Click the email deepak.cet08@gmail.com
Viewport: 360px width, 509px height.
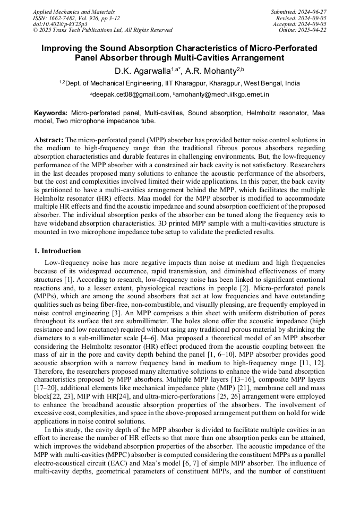(131, 94)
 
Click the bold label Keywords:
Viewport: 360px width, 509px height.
(50, 113)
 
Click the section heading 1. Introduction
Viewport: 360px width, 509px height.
(58, 251)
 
